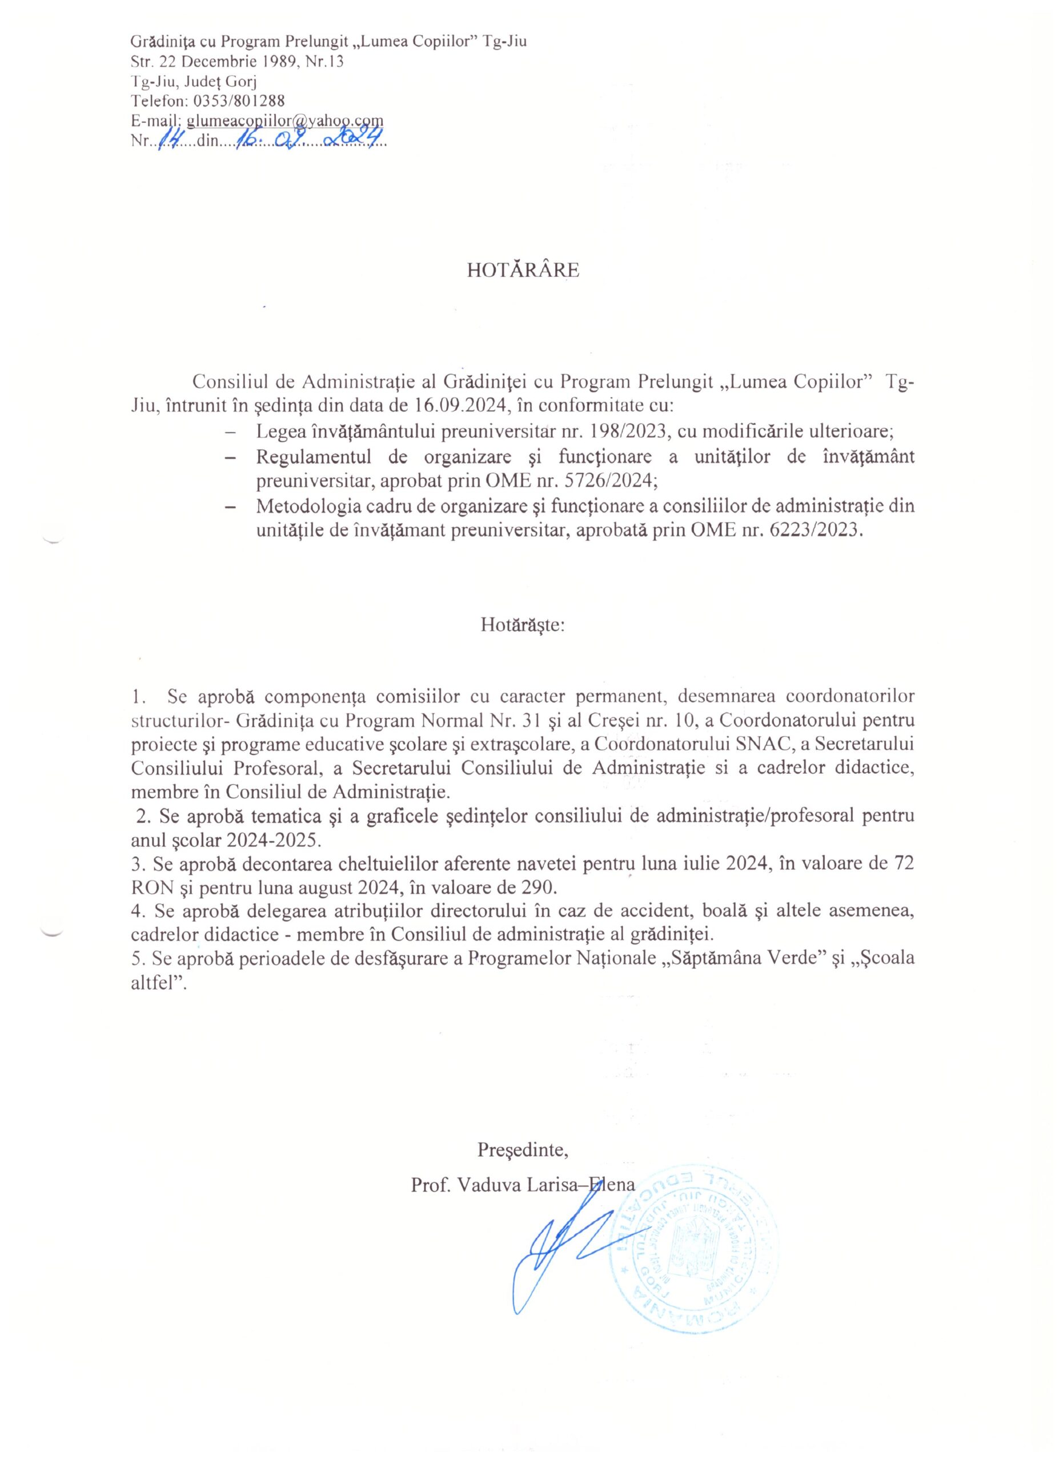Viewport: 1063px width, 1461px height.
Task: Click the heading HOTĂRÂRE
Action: pos(523,271)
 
